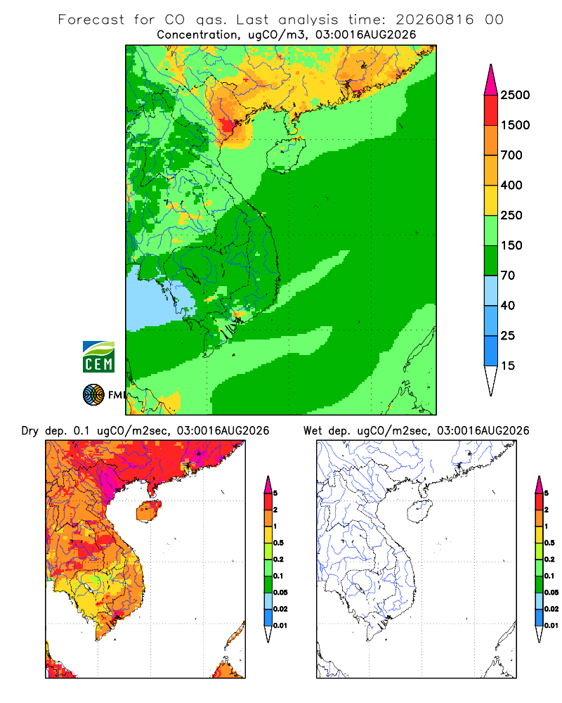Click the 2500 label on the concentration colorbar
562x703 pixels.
click(x=515, y=95)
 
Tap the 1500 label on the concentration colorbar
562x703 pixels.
click(x=515, y=125)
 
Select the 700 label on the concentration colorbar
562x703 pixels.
click(x=511, y=155)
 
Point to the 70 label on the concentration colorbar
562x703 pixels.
click(x=508, y=276)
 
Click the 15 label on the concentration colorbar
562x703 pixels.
click(x=508, y=366)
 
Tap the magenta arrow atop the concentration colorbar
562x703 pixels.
click(x=491, y=80)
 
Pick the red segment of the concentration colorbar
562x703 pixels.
click(x=491, y=110)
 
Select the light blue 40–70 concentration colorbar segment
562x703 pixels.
click(x=491, y=290)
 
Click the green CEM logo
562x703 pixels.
click(x=98, y=357)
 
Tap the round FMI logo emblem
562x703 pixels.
click(x=93, y=395)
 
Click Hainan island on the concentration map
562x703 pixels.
click(x=286, y=154)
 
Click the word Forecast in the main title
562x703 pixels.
click(x=91, y=20)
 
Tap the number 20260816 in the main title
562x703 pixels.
click(x=434, y=20)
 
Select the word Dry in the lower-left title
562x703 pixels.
click(x=30, y=431)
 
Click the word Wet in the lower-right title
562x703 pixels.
click(x=313, y=431)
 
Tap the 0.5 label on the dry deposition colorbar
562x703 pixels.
click(x=278, y=543)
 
